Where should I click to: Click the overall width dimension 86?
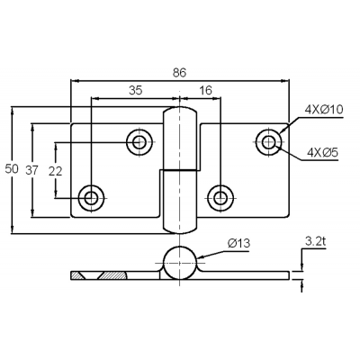pyautogui.click(x=179, y=73)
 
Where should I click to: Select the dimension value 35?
pyautogui.click(x=135, y=90)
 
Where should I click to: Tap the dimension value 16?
pyautogui.click(x=205, y=90)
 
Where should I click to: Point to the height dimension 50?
pyautogui.click(x=12, y=169)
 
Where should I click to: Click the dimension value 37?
pyautogui.click(x=31, y=170)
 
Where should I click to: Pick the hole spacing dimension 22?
pyautogui.click(x=55, y=171)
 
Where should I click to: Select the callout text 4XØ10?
pyautogui.click(x=324, y=110)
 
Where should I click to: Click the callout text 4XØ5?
pyautogui.click(x=322, y=153)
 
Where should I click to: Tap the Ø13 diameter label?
pyautogui.click(x=238, y=243)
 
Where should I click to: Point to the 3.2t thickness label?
pyautogui.click(x=315, y=242)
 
